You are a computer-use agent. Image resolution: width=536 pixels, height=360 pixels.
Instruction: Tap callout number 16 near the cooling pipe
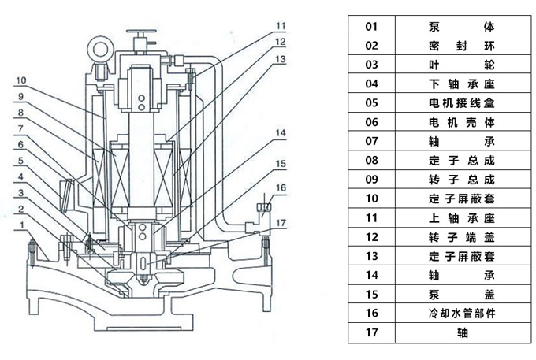tap(281, 188)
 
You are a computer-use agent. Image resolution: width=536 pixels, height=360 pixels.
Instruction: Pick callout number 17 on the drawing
tap(281, 222)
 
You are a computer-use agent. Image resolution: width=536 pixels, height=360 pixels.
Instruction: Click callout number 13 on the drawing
tap(281, 58)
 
